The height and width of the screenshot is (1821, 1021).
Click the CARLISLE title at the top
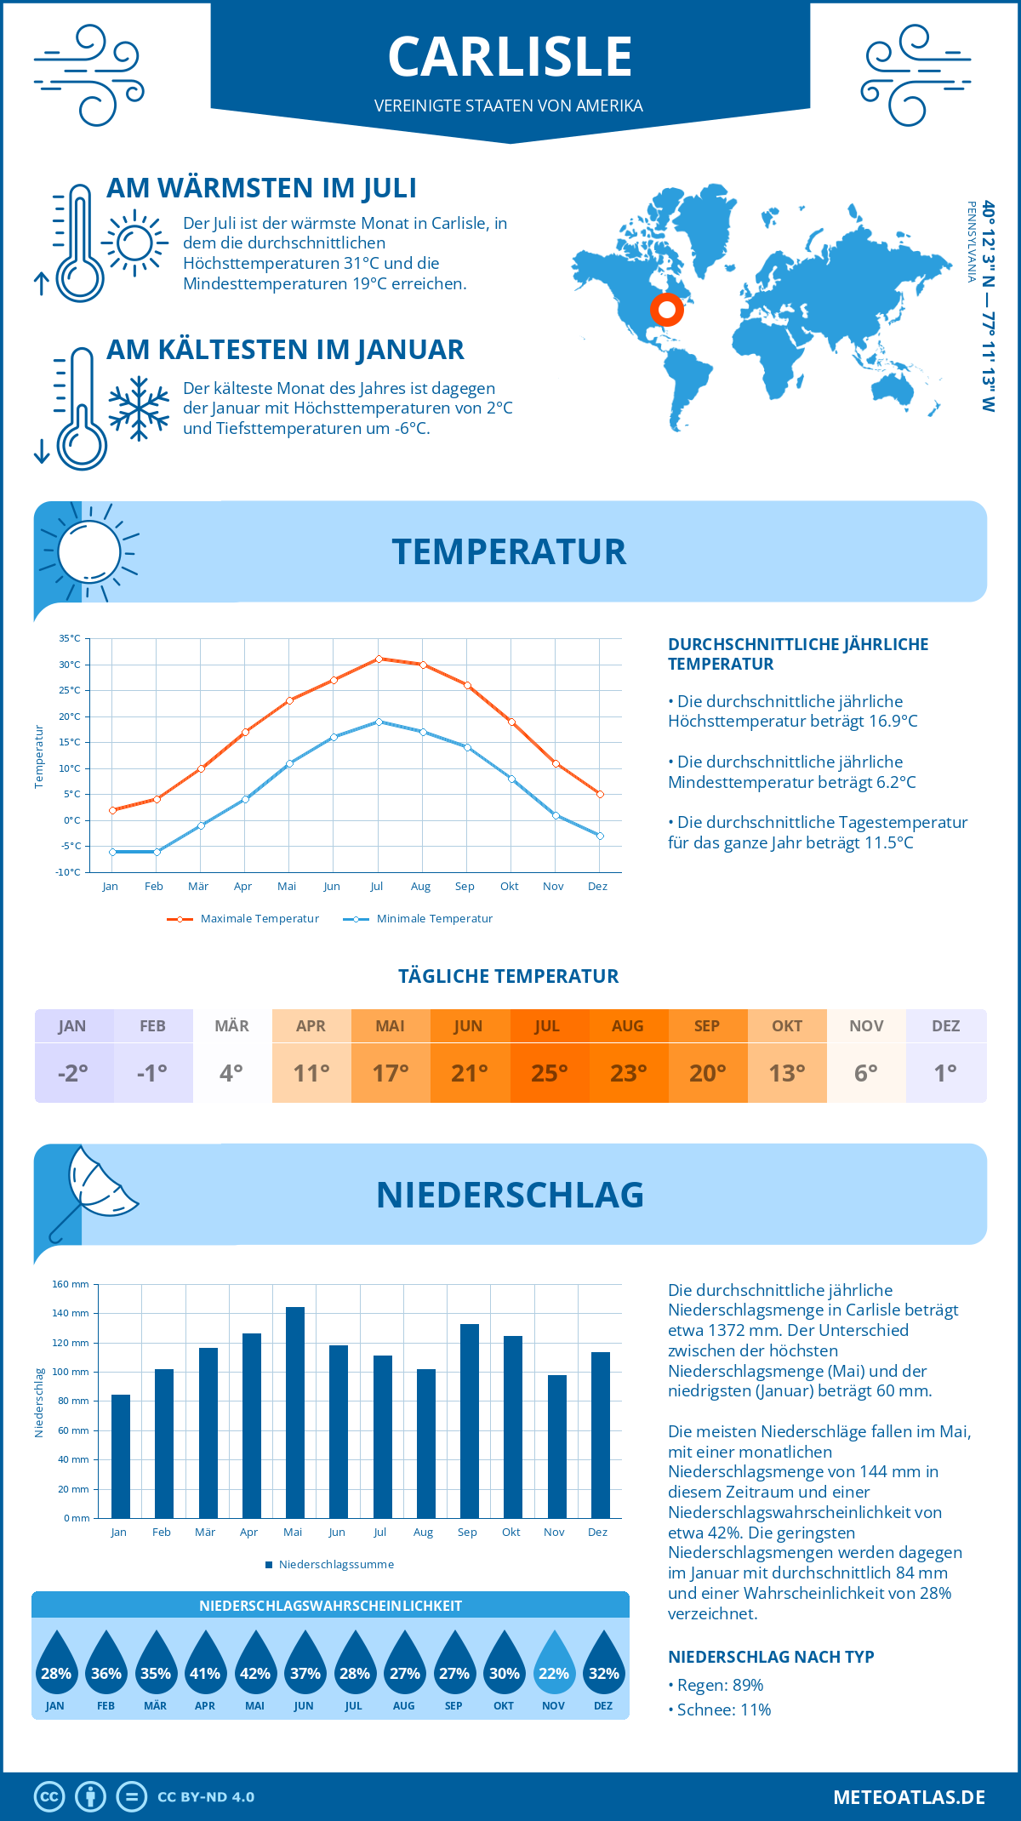pos(510,57)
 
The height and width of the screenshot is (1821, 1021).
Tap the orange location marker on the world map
pos(667,310)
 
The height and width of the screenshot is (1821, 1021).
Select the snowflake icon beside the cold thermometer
pos(139,408)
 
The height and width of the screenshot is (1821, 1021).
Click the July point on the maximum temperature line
pos(379,659)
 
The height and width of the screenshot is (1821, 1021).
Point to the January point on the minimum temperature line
pos(112,852)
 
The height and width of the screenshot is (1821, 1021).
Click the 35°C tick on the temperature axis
pos(70,638)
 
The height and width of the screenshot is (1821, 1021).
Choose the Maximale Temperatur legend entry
pos(244,919)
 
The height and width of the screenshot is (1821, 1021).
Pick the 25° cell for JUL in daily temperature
pos(549,1073)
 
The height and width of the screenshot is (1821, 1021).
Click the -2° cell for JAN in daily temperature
pos(73,1073)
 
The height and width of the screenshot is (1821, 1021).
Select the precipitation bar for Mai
pos(294,1413)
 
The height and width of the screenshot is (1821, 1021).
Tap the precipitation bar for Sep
pos(470,1421)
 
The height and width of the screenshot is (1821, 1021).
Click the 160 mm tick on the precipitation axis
pos(71,1284)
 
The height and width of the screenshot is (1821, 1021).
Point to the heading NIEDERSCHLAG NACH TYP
pos(771,1657)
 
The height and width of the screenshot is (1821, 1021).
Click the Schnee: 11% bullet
pos(722,1710)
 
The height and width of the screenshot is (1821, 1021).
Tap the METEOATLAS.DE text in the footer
pos(909,1797)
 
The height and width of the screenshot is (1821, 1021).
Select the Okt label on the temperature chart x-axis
pos(509,887)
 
